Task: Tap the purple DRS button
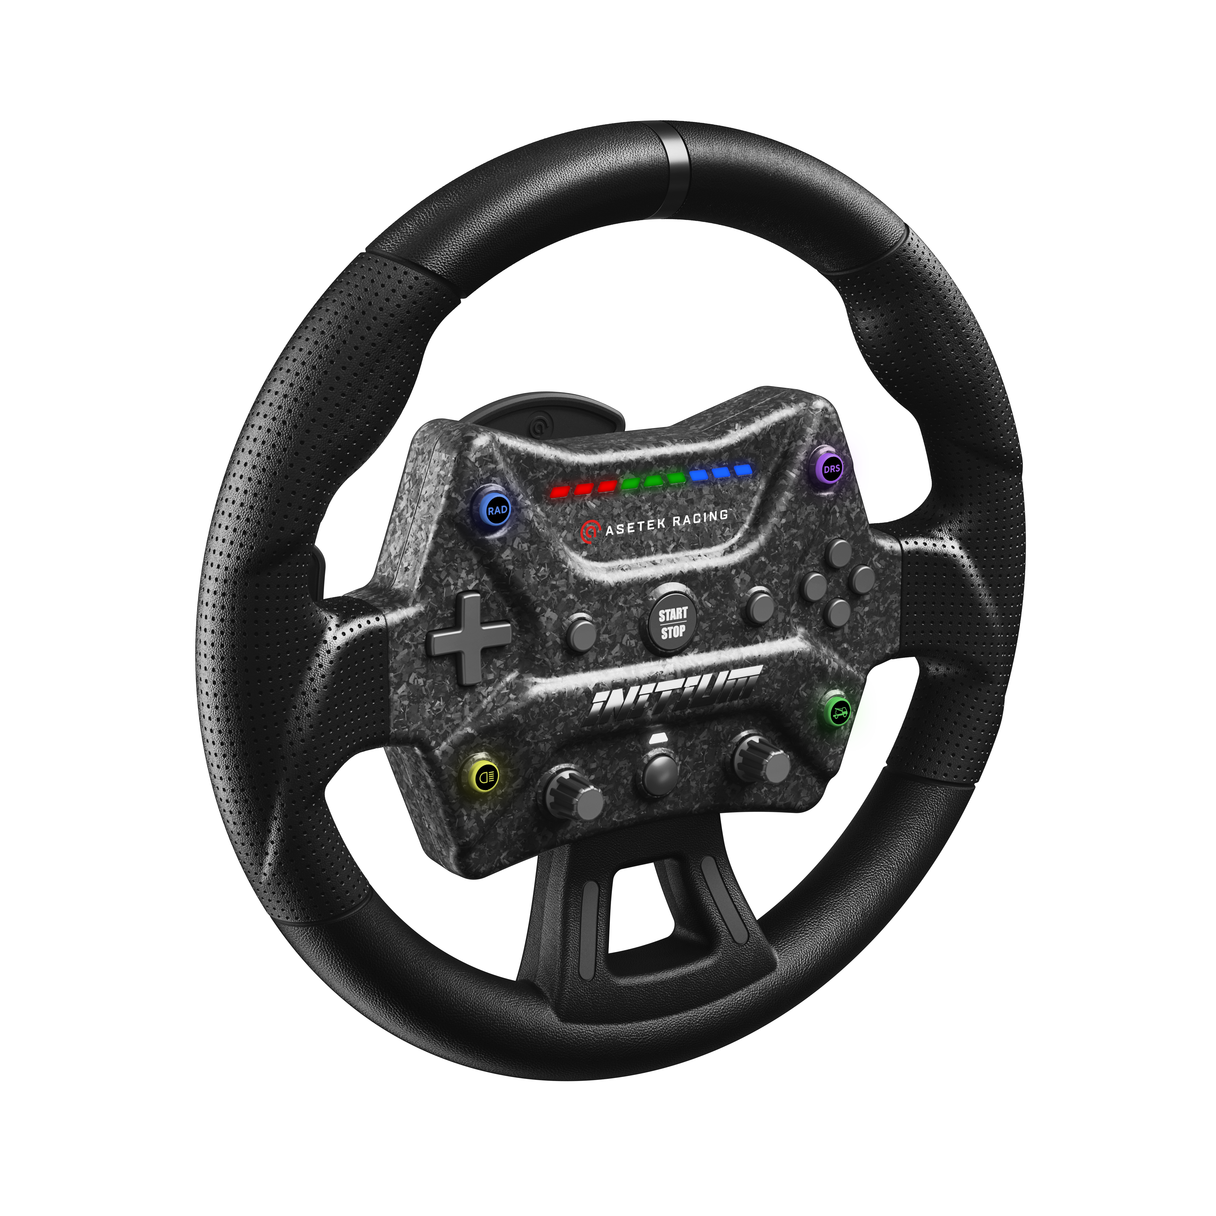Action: [831, 468]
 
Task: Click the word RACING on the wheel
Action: [700, 519]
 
